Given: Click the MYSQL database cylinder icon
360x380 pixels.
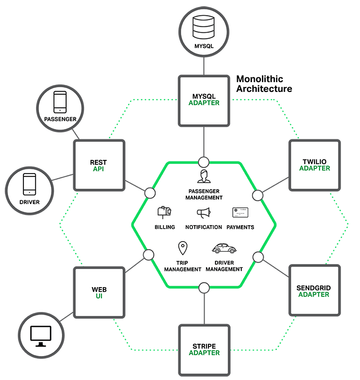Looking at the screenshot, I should (204, 28).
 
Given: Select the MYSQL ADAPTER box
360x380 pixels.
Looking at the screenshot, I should (204, 100).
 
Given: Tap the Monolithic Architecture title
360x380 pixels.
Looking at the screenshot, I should (264, 84).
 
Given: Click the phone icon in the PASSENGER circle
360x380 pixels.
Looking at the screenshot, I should (60, 102).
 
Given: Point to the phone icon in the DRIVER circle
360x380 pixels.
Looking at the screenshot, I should (30, 184).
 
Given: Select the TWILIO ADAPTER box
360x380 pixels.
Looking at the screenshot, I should (314, 165).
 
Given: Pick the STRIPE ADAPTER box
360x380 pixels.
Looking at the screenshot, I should (204, 350).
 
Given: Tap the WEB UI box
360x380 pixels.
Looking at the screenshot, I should (99, 293).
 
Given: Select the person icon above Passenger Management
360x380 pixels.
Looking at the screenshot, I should (204, 177).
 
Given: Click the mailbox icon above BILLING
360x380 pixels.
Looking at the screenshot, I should (164, 213).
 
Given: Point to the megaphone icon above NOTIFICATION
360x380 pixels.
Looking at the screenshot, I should (203, 213).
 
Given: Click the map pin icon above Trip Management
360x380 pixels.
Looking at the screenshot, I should (182, 248).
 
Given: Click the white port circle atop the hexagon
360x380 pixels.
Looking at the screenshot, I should (204, 162).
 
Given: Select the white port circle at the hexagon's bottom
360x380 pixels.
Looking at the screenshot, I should (204, 287).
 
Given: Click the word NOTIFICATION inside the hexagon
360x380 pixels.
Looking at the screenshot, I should (203, 227).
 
